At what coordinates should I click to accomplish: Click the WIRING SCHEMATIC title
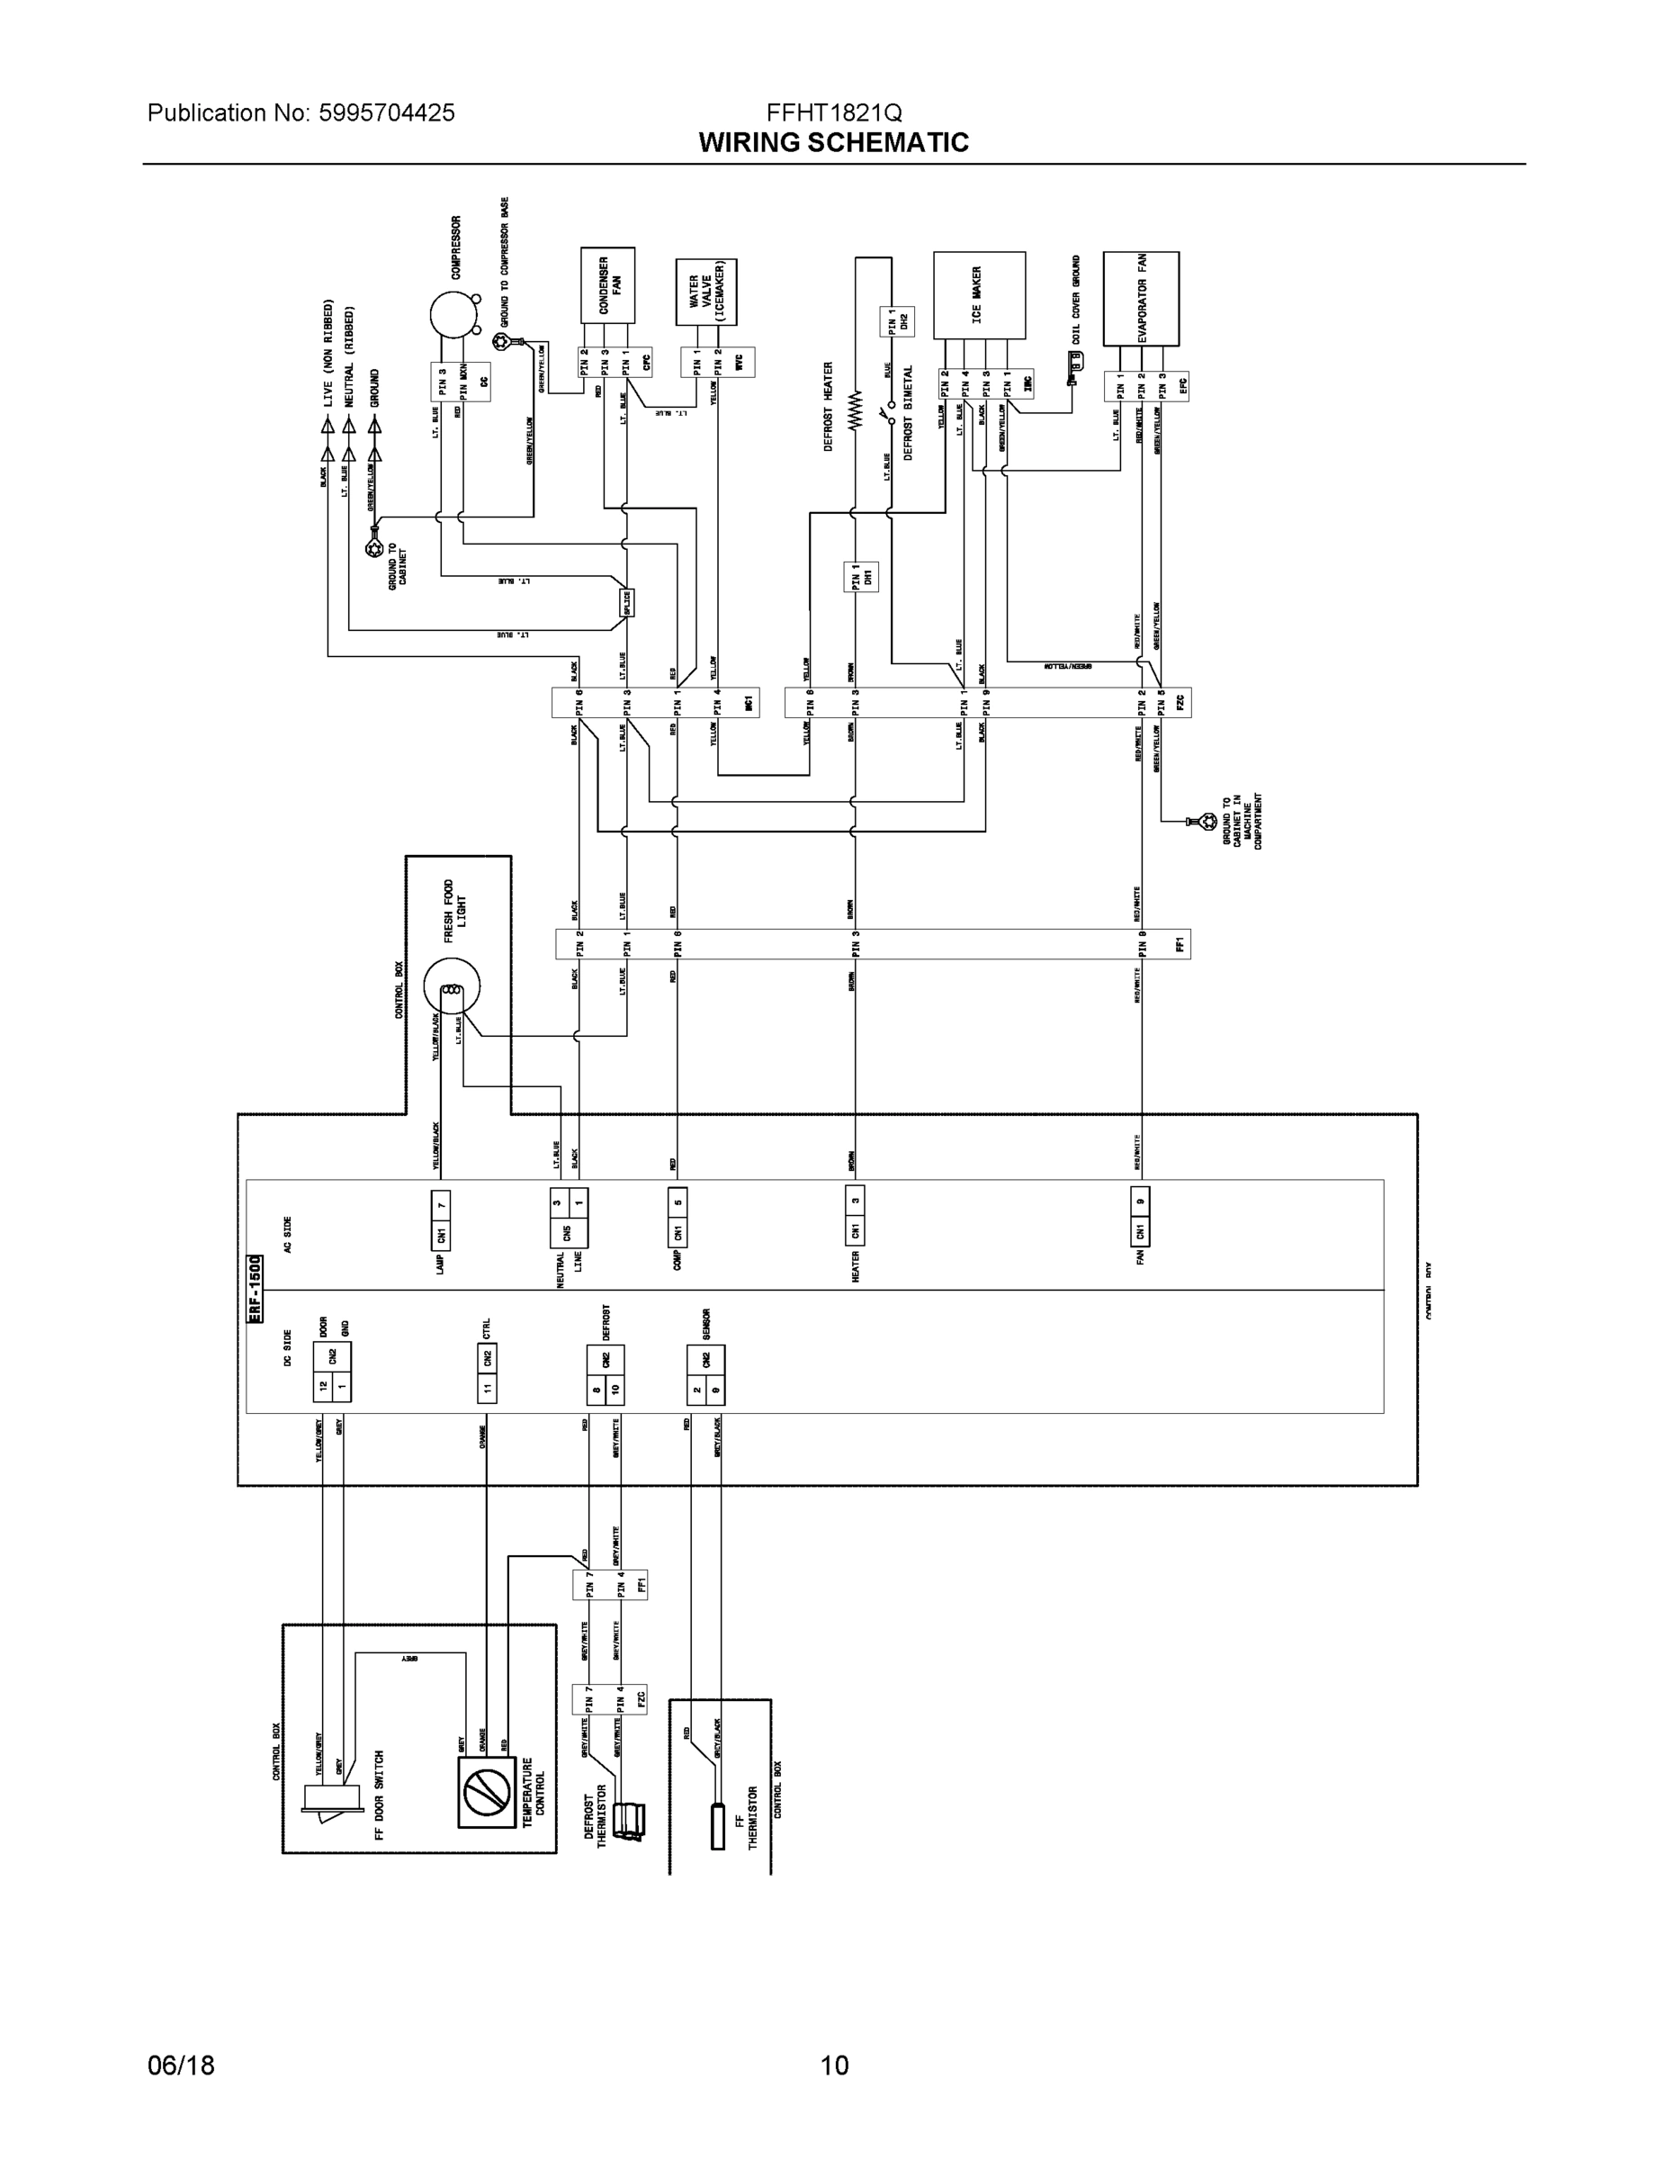[x=833, y=142]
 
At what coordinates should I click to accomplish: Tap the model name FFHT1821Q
[x=833, y=112]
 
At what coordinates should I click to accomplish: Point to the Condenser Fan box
[x=607, y=284]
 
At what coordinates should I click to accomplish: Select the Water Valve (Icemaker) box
[x=706, y=292]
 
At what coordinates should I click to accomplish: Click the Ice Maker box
[x=979, y=294]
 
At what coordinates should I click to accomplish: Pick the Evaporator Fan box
[x=1140, y=297]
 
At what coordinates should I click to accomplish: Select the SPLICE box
[x=626, y=602]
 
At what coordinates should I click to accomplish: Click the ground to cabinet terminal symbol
[x=372, y=546]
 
